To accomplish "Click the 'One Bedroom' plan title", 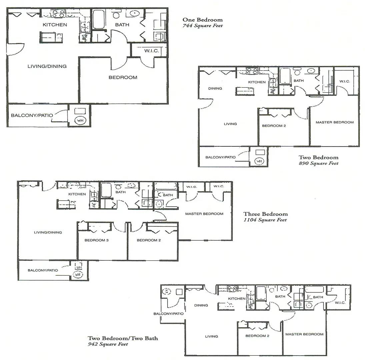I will pyautogui.click(x=202, y=20).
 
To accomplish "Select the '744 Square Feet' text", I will pyautogui.click(x=202, y=26).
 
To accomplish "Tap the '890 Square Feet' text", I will pyautogui.click(x=318, y=163).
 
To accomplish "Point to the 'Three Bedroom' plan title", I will pyautogui.click(x=265, y=214).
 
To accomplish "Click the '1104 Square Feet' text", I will pyautogui.click(x=265, y=220).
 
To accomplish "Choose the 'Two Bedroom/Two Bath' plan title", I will pyautogui.click(x=123, y=338).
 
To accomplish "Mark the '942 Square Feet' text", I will pyautogui.click(x=108, y=344).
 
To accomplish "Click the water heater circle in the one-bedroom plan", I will pyautogui.click(x=80, y=120).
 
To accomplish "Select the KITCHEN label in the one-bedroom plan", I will pyautogui.click(x=55, y=25).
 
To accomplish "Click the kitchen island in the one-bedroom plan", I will pyautogui.click(x=52, y=37).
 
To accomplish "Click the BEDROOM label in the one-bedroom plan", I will pyautogui.click(x=123, y=77).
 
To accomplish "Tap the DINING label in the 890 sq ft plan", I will pyautogui.click(x=215, y=89).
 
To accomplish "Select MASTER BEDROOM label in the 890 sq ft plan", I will pyautogui.click(x=334, y=122).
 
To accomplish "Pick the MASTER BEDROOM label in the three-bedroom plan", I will pyautogui.click(x=204, y=214).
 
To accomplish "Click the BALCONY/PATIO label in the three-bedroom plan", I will pyautogui.click(x=43, y=270).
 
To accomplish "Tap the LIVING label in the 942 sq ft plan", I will pyautogui.click(x=211, y=336).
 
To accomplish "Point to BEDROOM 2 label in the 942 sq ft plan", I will pyautogui.click(x=257, y=336).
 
